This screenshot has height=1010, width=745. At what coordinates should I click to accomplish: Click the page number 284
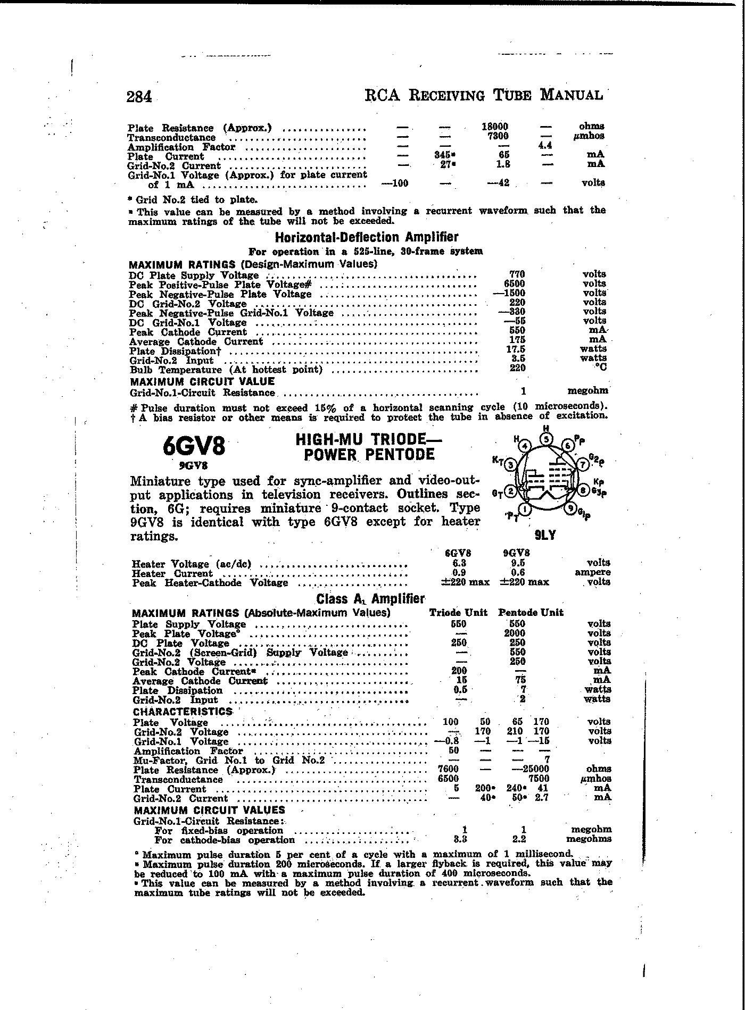(x=139, y=97)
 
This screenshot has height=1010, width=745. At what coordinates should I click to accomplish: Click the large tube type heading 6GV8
(x=194, y=446)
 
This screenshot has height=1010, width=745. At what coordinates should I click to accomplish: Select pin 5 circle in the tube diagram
(x=547, y=439)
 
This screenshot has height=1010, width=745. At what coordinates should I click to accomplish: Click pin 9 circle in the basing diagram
(x=572, y=508)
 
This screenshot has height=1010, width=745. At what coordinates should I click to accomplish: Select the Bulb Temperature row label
(x=226, y=370)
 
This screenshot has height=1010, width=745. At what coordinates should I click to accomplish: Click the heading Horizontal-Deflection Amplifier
(x=366, y=237)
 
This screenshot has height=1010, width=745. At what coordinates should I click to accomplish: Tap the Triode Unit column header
(x=458, y=612)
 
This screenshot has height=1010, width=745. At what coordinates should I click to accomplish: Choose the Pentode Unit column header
(x=531, y=612)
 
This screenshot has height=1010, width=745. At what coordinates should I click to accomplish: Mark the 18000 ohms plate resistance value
(x=495, y=127)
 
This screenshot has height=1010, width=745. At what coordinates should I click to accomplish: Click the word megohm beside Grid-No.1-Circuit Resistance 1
(x=587, y=391)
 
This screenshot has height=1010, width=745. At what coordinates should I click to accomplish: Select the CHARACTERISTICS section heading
(x=183, y=712)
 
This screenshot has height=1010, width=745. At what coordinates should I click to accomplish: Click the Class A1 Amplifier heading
(x=370, y=599)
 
